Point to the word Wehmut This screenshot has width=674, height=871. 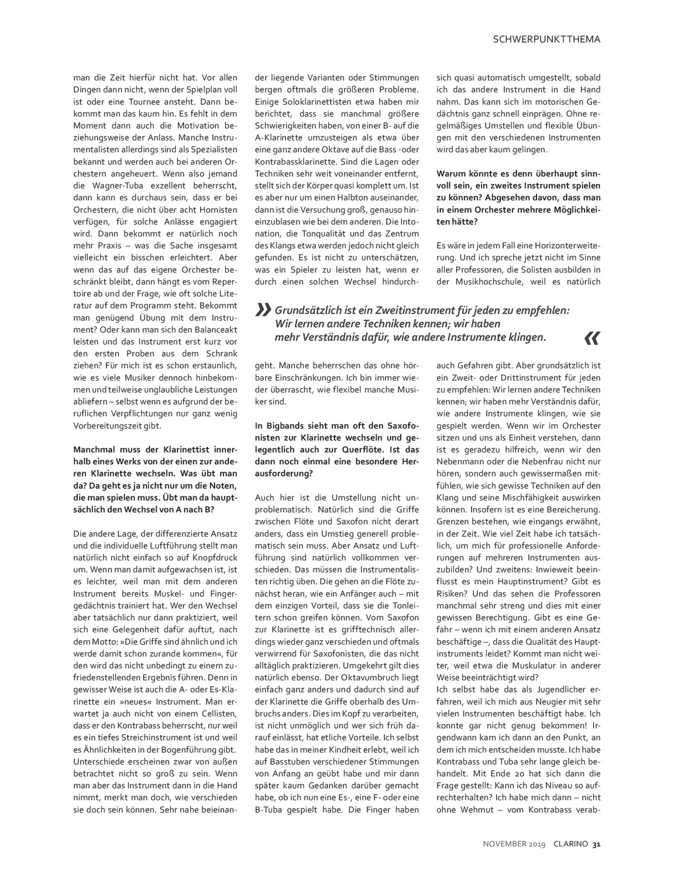(x=475, y=810)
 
